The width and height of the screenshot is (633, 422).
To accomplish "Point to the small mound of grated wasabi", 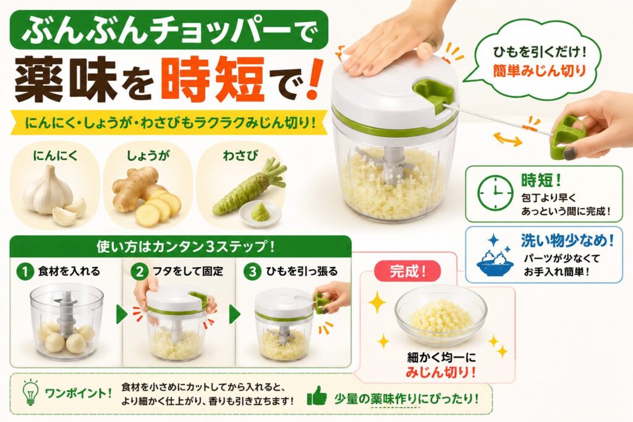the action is coord(259,211).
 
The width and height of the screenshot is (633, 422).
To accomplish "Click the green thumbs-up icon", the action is coord(316,396).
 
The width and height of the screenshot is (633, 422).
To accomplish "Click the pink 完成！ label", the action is coord(408,271).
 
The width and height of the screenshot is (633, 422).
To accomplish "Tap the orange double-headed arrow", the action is coord(508,139).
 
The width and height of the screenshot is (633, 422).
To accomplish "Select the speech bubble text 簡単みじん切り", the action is coord(539,71).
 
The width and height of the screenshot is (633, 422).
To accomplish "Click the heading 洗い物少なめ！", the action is coord(567,241).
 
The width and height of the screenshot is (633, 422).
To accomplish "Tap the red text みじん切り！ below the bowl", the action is coord(440,372).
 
